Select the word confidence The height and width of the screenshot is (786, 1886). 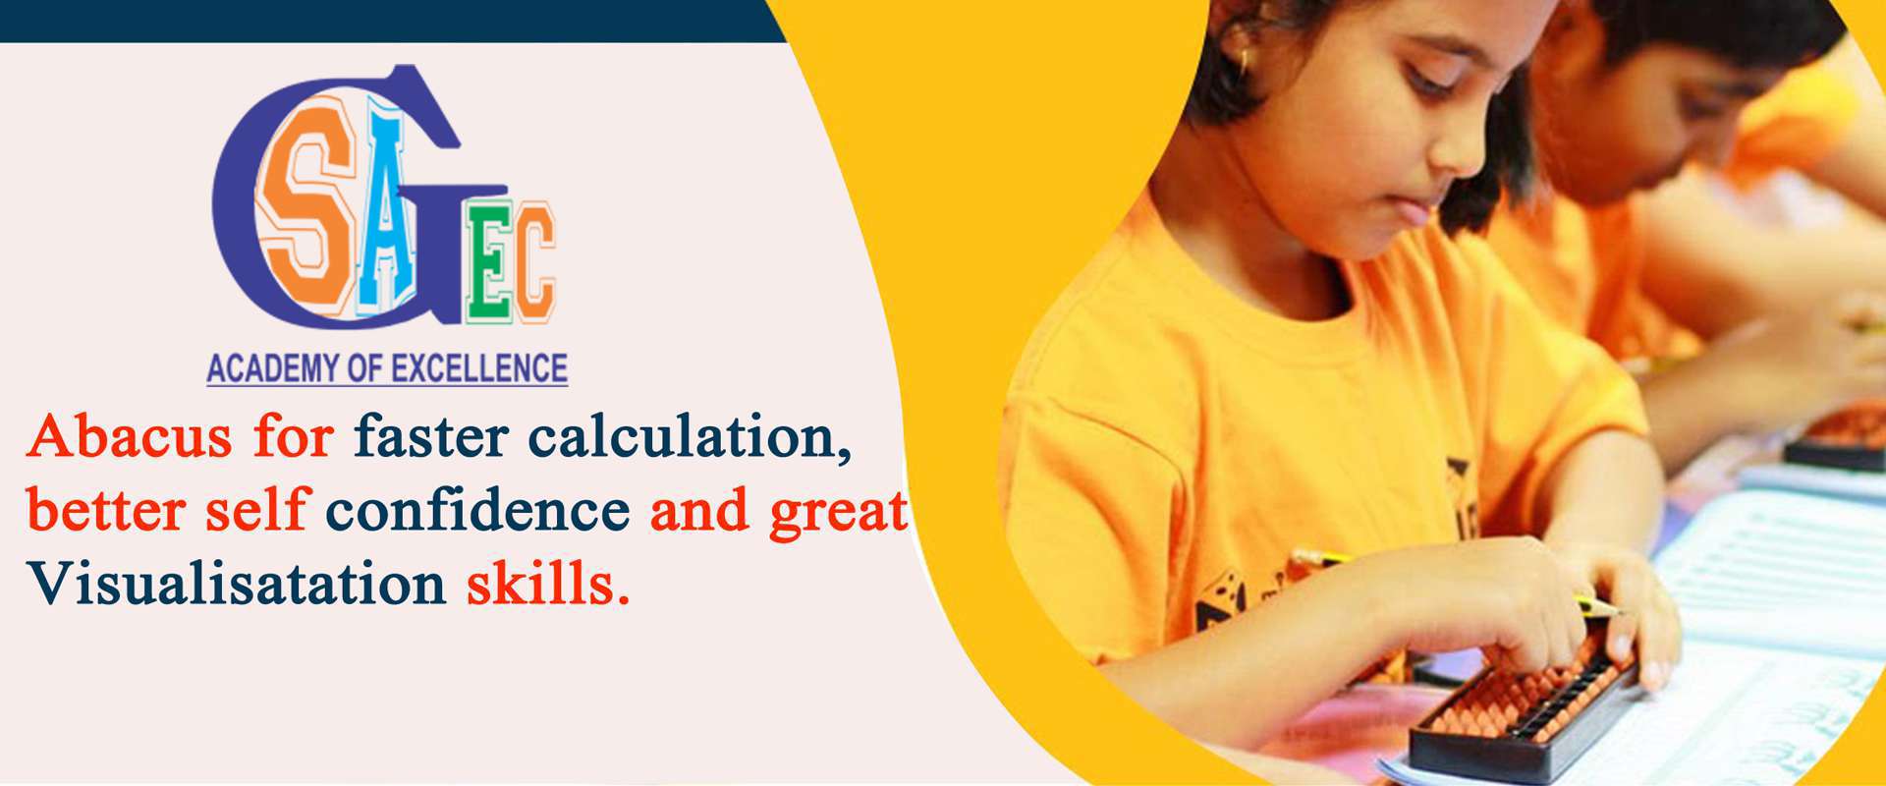pos(477,511)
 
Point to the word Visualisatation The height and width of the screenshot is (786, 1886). pos(237,585)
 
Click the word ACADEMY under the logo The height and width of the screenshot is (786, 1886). pos(271,368)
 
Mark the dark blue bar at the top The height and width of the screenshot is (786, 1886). pos(393,21)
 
